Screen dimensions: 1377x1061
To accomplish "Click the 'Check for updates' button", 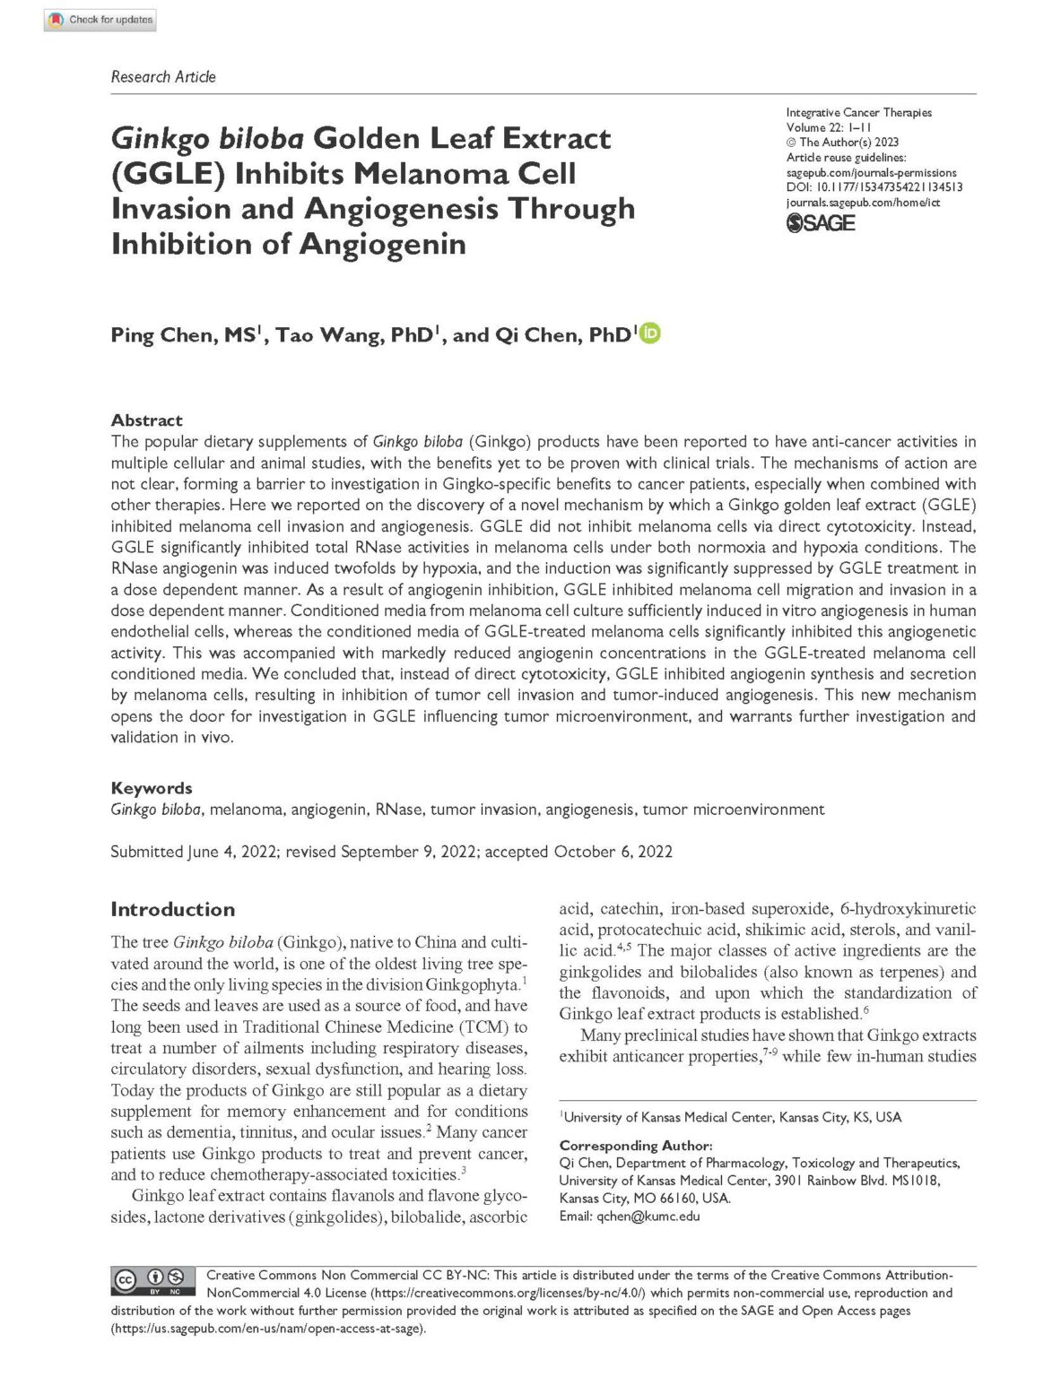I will coord(100,20).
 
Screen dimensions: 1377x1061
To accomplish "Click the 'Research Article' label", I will coord(163,77).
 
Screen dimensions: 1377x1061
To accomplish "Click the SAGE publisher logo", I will coord(821,223).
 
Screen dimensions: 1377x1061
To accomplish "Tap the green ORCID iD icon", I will coord(650,333).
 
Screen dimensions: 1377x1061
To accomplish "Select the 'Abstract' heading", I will coord(146,420).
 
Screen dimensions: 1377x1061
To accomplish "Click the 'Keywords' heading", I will coord(151,788).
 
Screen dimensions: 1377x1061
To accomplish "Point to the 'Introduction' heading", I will coord(172,909).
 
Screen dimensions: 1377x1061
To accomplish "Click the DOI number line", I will coord(874,187).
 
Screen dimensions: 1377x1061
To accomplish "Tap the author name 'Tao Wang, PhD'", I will coord(355,335).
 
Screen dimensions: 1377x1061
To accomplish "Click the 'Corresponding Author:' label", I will coord(636,1146).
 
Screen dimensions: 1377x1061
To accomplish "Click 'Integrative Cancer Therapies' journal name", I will coord(858,113).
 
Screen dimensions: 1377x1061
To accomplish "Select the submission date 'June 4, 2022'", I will coord(231,852).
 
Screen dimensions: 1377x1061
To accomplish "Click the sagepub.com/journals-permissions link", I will coord(871,173).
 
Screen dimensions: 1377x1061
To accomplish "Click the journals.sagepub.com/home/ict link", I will coord(863,203).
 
